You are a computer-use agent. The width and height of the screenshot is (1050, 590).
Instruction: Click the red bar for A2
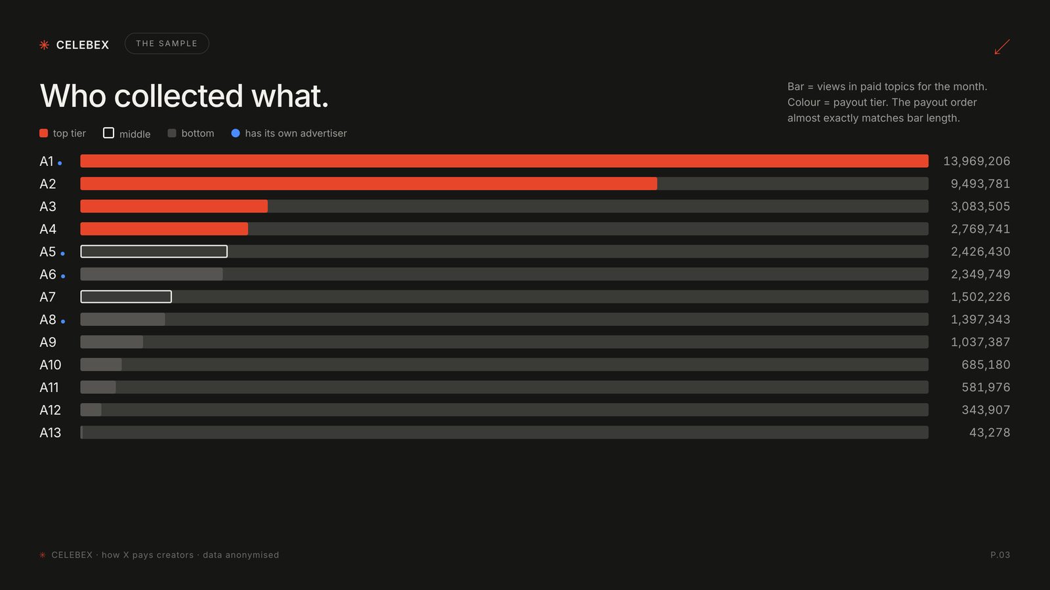(x=368, y=184)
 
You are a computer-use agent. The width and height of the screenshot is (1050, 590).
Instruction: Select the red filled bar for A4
(x=164, y=229)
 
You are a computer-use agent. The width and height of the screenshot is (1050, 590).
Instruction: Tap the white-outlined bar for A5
(x=154, y=252)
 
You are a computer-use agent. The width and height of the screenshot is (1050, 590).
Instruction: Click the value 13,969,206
(x=976, y=161)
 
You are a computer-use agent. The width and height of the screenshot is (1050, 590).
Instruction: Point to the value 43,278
(x=990, y=432)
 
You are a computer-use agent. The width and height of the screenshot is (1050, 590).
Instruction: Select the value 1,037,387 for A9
(x=980, y=342)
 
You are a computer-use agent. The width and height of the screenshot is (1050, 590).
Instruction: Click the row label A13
(x=50, y=433)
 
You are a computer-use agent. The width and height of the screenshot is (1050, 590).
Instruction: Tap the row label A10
(x=50, y=364)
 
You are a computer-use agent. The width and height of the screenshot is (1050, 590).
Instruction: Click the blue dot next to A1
(x=60, y=163)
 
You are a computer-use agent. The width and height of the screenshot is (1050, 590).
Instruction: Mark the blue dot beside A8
(x=63, y=322)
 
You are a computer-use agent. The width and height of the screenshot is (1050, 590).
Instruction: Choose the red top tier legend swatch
(x=43, y=133)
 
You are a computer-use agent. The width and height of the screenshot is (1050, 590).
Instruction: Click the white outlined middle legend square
(x=108, y=133)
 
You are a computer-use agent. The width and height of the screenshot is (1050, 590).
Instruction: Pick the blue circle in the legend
(x=236, y=133)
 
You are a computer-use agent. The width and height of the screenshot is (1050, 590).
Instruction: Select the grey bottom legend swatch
(x=172, y=133)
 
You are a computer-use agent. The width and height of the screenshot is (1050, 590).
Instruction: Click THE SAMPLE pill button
(x=167, y=43)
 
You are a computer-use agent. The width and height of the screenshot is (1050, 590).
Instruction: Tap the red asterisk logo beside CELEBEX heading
(x=44, y=45)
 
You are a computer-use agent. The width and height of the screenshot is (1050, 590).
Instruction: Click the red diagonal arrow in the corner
(x=1002, y=47)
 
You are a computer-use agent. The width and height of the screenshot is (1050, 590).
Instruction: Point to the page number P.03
(x=1000, y=555)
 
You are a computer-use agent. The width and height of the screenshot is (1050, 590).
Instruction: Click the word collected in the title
(x=178, y=96)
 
